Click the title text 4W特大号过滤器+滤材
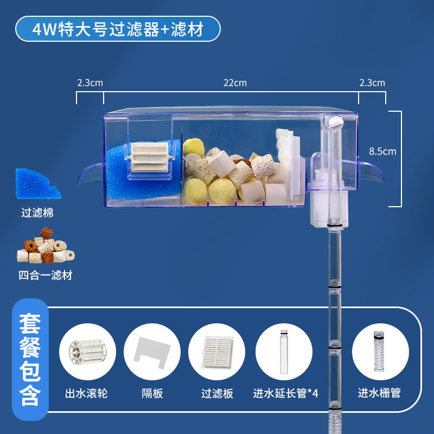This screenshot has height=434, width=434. click(x=118, y=29)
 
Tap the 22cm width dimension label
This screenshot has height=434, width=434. click(x=234, y=83)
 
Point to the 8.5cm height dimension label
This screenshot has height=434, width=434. click(x=382, y=151)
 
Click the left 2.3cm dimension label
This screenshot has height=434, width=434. click(x=90, y=83)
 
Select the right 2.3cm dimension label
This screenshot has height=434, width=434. click(x=372, y=83)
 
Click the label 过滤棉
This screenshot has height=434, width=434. click(x=38, y=213)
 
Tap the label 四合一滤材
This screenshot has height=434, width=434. click(x=45, y=275)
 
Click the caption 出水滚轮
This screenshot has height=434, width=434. click(x=86, y=393)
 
